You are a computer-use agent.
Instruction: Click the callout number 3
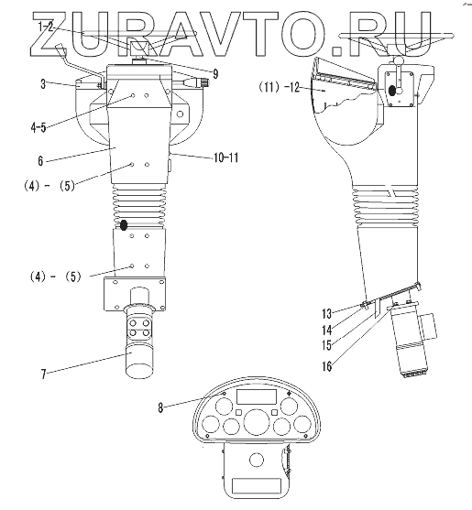point(43,84)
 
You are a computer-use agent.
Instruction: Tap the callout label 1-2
point(45,27)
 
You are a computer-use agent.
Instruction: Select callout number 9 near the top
point(215,74)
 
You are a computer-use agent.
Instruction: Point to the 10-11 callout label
point(225,157)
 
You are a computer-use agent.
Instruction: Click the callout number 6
point(40,160)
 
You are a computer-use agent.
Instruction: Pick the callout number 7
point(43,374)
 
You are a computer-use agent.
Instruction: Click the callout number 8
point(160,407)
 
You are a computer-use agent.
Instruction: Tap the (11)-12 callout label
point(279,87)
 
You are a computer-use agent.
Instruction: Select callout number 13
point(326,314)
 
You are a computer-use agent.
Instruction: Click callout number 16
point(327,366)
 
